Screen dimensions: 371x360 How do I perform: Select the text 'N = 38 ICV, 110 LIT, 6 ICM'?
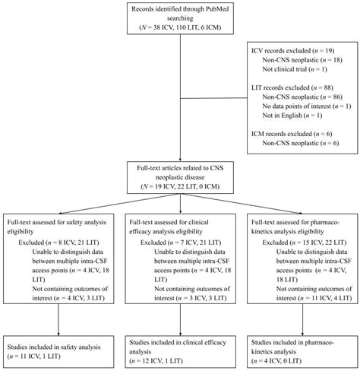pos(180,27)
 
